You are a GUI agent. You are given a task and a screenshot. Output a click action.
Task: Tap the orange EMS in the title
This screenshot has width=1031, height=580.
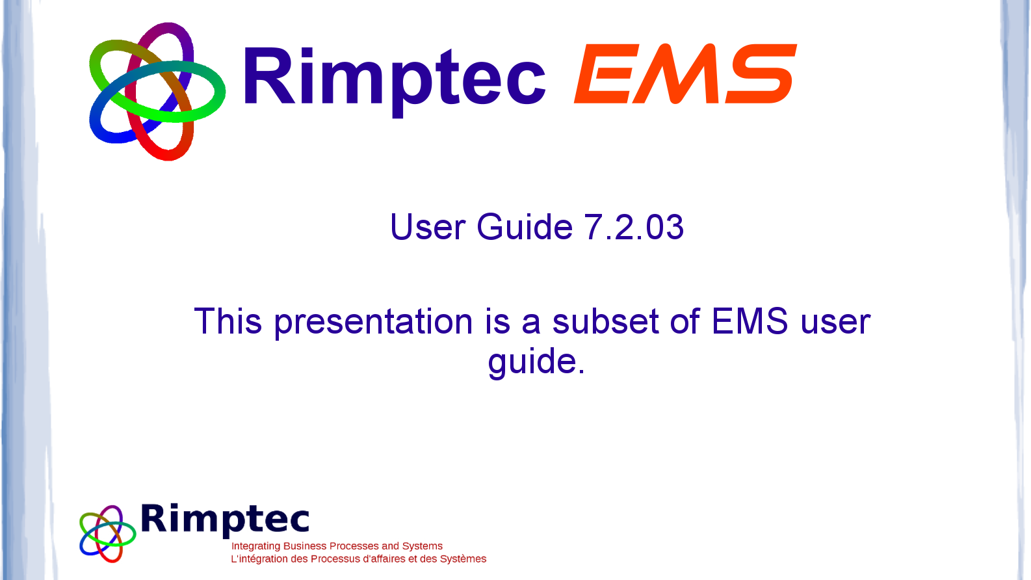click(686, 73)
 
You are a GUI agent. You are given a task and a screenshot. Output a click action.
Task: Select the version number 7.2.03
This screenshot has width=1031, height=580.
click(634, 227)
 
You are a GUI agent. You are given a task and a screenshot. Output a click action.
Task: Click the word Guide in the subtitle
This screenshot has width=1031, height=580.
click(524, 227)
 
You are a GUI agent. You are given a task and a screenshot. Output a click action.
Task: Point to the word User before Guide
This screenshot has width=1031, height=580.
click(428, 227)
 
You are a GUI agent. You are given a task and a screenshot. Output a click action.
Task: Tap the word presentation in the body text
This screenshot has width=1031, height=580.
click(373, 323)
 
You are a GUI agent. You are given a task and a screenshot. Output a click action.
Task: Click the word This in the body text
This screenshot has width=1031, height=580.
click(228, 321)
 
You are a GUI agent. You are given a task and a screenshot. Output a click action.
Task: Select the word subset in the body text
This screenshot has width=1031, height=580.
click(605, 321)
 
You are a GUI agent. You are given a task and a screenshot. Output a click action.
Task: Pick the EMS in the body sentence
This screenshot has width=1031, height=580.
click(750, 321)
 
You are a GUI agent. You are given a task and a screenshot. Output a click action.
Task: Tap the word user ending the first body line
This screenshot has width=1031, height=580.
click(835, 323)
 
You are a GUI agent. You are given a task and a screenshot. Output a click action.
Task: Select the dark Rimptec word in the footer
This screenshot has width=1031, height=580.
click(225, 520)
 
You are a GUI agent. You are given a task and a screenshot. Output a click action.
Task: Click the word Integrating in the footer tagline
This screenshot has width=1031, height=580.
click(256, 546)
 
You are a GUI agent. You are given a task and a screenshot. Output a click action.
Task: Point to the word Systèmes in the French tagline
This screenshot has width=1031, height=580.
click(463, 559)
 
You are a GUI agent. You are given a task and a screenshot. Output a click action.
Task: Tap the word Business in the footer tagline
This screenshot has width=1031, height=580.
click(305, 546)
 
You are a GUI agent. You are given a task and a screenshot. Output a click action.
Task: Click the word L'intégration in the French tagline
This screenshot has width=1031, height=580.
click(259, 559)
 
